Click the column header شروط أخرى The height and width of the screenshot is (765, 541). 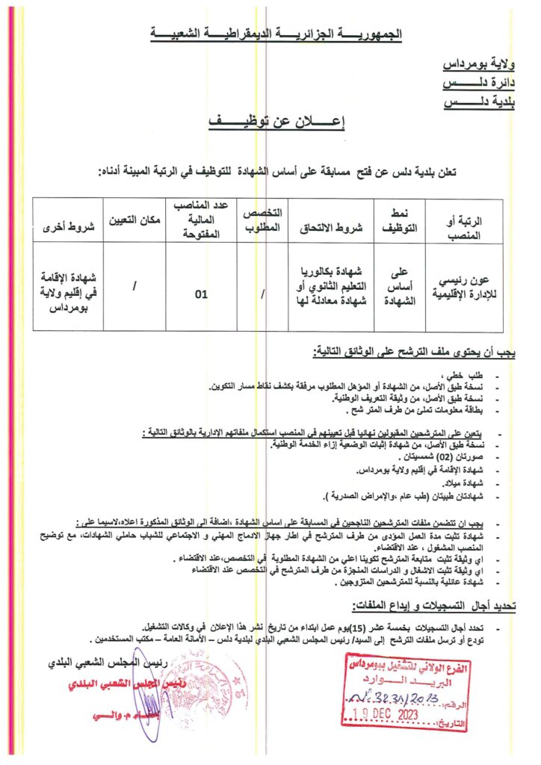67,220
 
